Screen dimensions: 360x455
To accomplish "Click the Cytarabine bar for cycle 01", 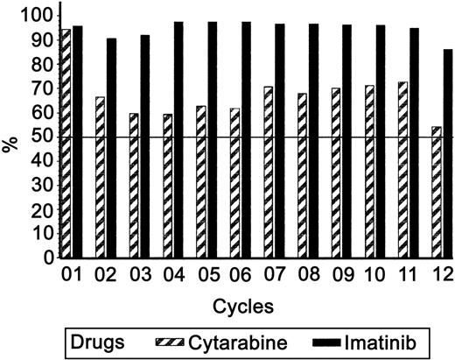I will point(64,144).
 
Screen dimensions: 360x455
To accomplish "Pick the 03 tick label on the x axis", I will point(139,276).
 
